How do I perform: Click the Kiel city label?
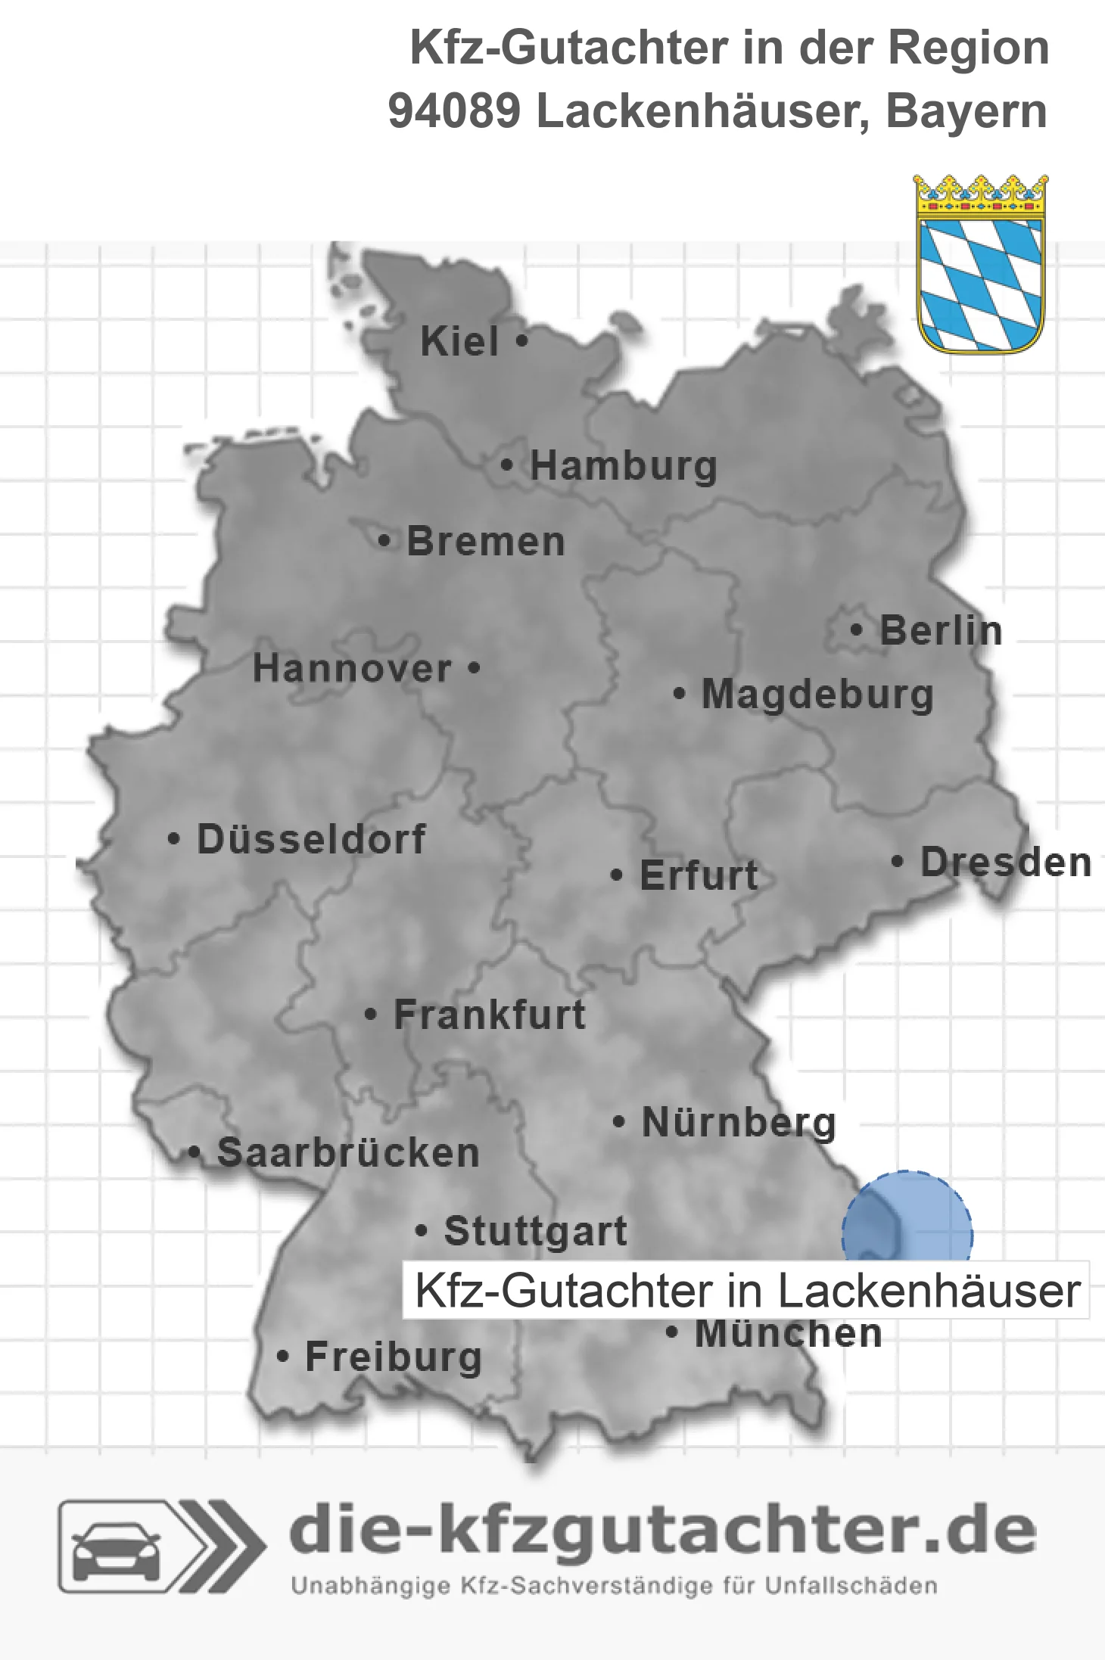[x=459, y=341]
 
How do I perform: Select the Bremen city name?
[x=485, y=542]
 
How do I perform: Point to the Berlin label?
[x=941, y=630]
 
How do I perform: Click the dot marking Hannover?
[x=474, y=668]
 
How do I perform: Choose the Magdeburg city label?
[x=817, y=695]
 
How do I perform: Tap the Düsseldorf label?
[x=311, y=839]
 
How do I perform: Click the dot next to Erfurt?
[x=617, y=875]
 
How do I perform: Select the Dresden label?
[x=1005, y=862]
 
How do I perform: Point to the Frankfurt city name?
[x=490, y=1015]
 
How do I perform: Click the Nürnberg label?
[x=739, y=1122]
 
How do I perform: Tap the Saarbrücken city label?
[x=348, y=1153]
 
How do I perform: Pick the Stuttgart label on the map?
[x=535, y=1231]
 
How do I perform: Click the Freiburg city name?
[x=393, y=1357]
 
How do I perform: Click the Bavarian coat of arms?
[x=980, y=265]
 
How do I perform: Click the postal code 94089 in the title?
[x=454, y=111]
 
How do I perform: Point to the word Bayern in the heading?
[x=966, y=111]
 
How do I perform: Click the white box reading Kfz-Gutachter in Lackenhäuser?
[x=746, y=1290]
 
